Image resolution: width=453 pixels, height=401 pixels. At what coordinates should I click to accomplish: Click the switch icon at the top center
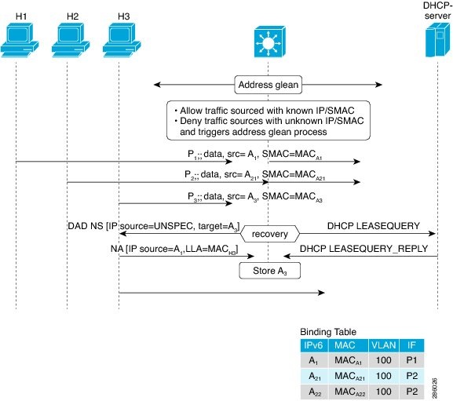point(268,42)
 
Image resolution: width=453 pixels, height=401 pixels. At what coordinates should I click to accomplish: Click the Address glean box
point(268,83)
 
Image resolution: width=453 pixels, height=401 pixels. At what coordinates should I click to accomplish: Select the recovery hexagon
point(269,233)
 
